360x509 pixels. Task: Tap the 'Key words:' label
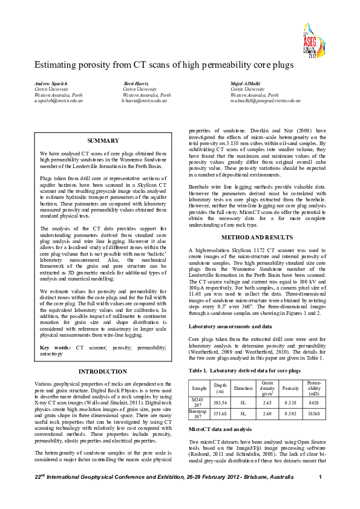[55, 348]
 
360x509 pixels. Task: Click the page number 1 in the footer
[319, 494]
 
